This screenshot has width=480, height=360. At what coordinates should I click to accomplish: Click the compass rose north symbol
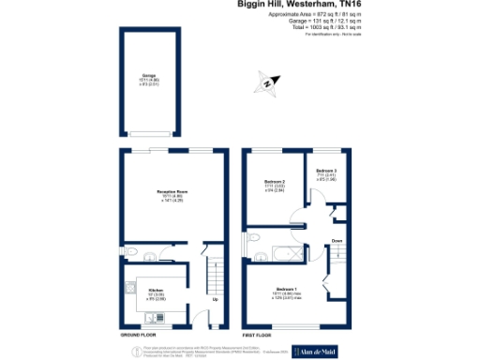point(267,85)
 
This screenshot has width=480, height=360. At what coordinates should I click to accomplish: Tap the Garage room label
point(148,74)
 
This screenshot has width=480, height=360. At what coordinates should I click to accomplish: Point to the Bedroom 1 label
point(289,288)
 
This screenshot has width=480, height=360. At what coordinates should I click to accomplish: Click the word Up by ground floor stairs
point(216,300)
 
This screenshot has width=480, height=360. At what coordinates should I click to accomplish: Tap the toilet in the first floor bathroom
point(252,253)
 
